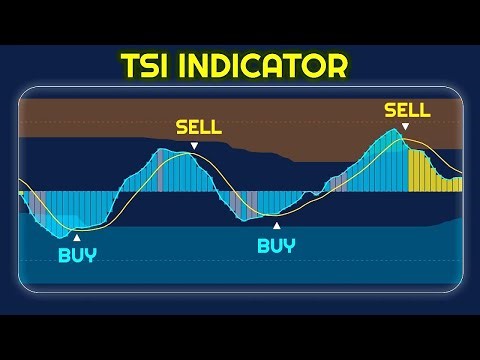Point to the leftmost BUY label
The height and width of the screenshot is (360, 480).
point(77,254)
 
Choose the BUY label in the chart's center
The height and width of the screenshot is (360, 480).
point(276,245)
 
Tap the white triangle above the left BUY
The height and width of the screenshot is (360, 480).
point(77,236)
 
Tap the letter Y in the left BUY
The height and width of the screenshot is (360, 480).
point(91,254)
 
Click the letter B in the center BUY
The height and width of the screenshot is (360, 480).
point(263,245)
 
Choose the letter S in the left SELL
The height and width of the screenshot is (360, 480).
point(180,128)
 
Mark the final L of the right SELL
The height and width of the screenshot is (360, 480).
point(425,110)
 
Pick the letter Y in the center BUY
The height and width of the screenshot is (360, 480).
point(290,245)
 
